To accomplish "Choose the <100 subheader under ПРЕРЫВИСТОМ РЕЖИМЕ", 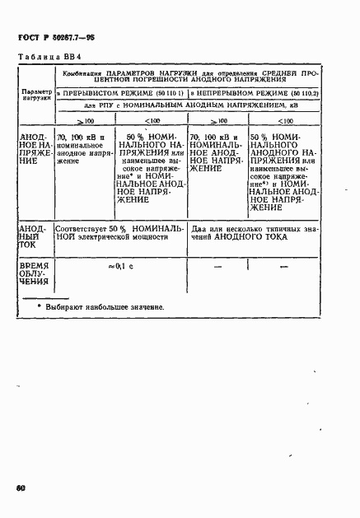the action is (x=152, y=121).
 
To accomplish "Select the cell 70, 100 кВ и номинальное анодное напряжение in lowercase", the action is (x=80, y=147).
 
